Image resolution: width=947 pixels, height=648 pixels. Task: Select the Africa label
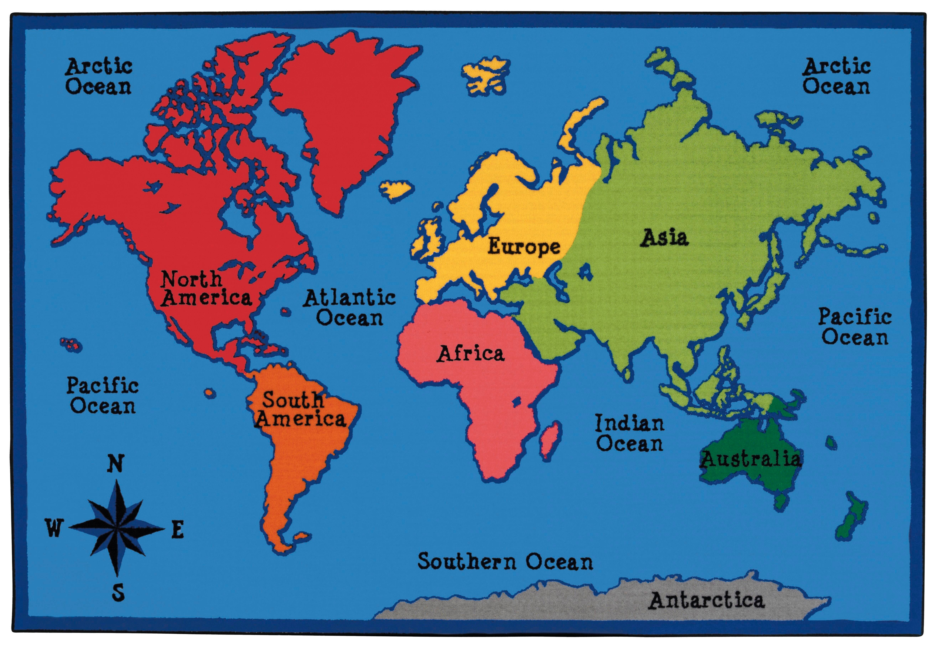point(471,354)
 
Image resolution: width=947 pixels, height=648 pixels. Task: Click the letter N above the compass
point(115,464)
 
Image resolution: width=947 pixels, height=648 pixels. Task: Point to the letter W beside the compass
point(54,529)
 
